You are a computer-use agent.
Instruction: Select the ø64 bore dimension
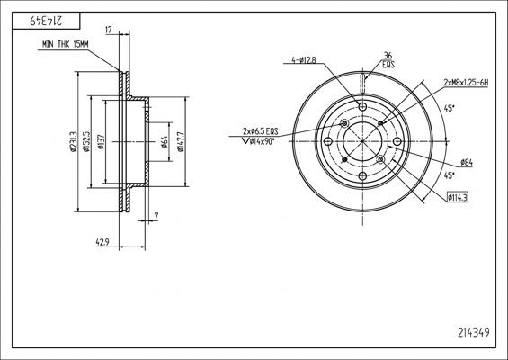tap(165, 142)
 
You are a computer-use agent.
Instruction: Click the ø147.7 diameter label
tap(182, 142)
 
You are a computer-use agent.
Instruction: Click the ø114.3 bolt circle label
tap(460, 197)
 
